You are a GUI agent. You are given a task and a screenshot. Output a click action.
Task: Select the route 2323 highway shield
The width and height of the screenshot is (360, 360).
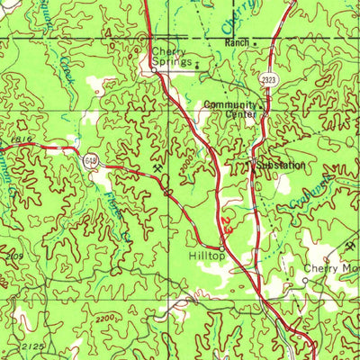click(x=267, y=80)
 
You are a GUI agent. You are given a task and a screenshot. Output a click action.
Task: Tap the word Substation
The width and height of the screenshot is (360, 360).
click(x=280, y=166)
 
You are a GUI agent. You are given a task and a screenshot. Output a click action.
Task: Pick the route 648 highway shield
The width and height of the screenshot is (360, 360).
click(x=93, y=159)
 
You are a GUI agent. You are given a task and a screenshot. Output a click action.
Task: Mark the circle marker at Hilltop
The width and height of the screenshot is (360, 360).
click(x=221, y=247)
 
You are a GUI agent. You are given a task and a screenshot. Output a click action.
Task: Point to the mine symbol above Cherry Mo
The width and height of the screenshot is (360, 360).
click(x=351, y=247)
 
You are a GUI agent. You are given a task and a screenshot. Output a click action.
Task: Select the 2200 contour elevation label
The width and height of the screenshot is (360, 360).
click(x=106, y=319)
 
